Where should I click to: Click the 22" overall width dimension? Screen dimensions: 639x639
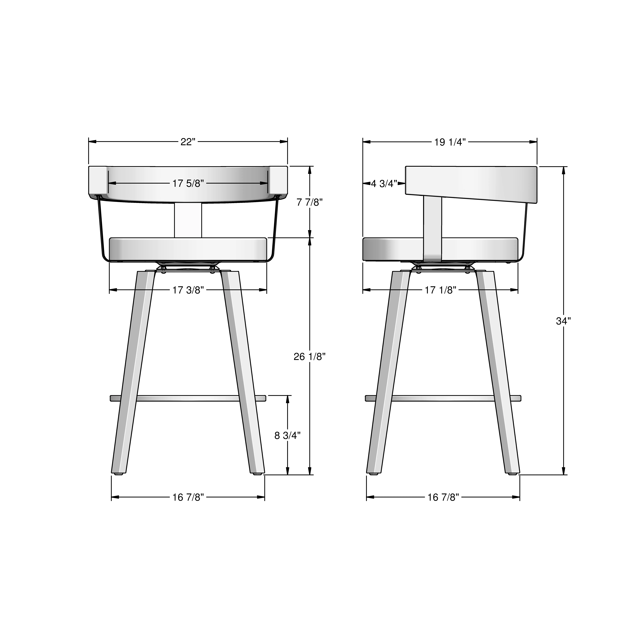click(x=188, y=142)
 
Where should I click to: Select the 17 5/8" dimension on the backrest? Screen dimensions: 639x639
click(x=188, y=183)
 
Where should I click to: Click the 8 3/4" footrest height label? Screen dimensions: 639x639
click(x=287, y=436)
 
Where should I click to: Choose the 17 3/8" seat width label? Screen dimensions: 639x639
click(x=188, y=290)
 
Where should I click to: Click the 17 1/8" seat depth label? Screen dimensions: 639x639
click(x=441, y=290)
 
